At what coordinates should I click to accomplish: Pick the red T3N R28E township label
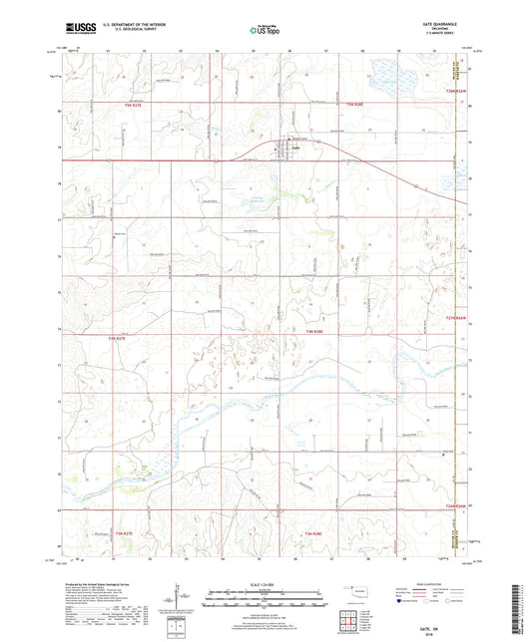pyautogui.click(x=312, y=534)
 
